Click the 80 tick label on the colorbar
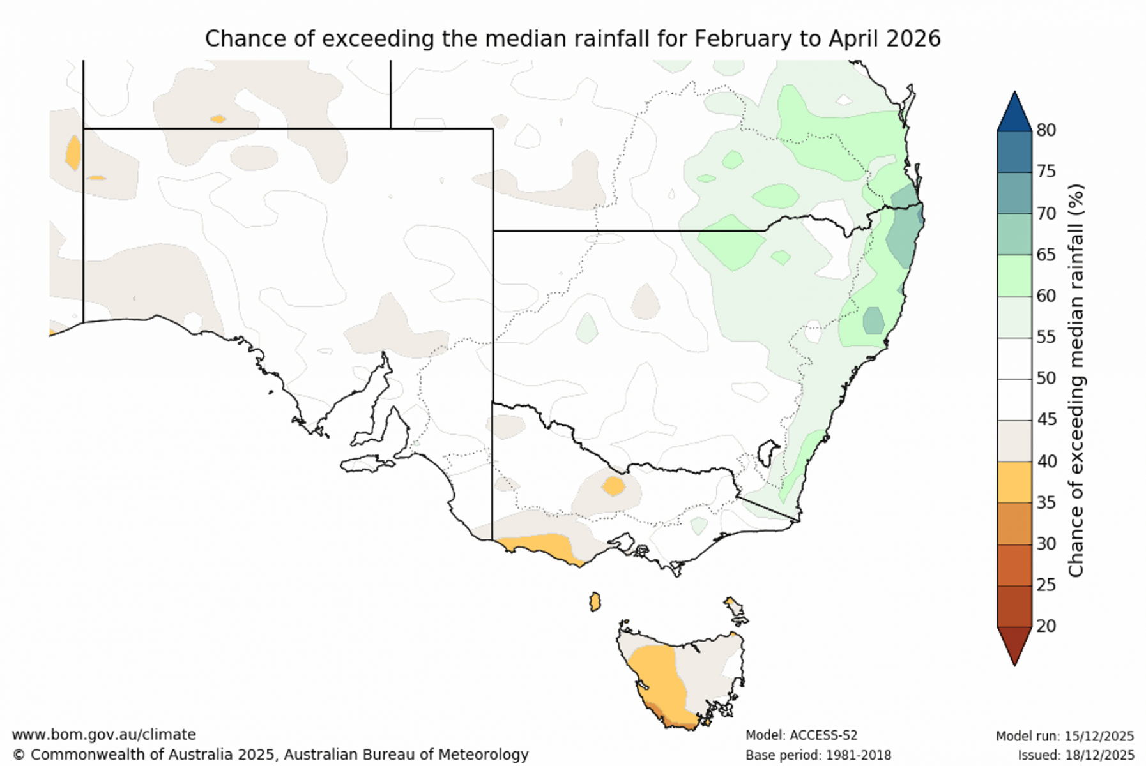click(1046, 130)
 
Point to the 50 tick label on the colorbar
click(1046, 379)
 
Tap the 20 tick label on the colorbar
click(1046, 626)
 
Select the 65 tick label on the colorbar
click(1046, 255)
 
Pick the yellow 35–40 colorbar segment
click(1014, 482)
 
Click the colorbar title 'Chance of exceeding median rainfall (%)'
click(1076, 380)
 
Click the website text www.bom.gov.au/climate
click(103, 735)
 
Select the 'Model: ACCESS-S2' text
click(801, 736)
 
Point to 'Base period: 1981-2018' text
click(818, 756)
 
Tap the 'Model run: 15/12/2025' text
click(1064, 736)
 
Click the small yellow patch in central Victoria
click(613, 486)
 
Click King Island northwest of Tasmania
click(595, 602)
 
